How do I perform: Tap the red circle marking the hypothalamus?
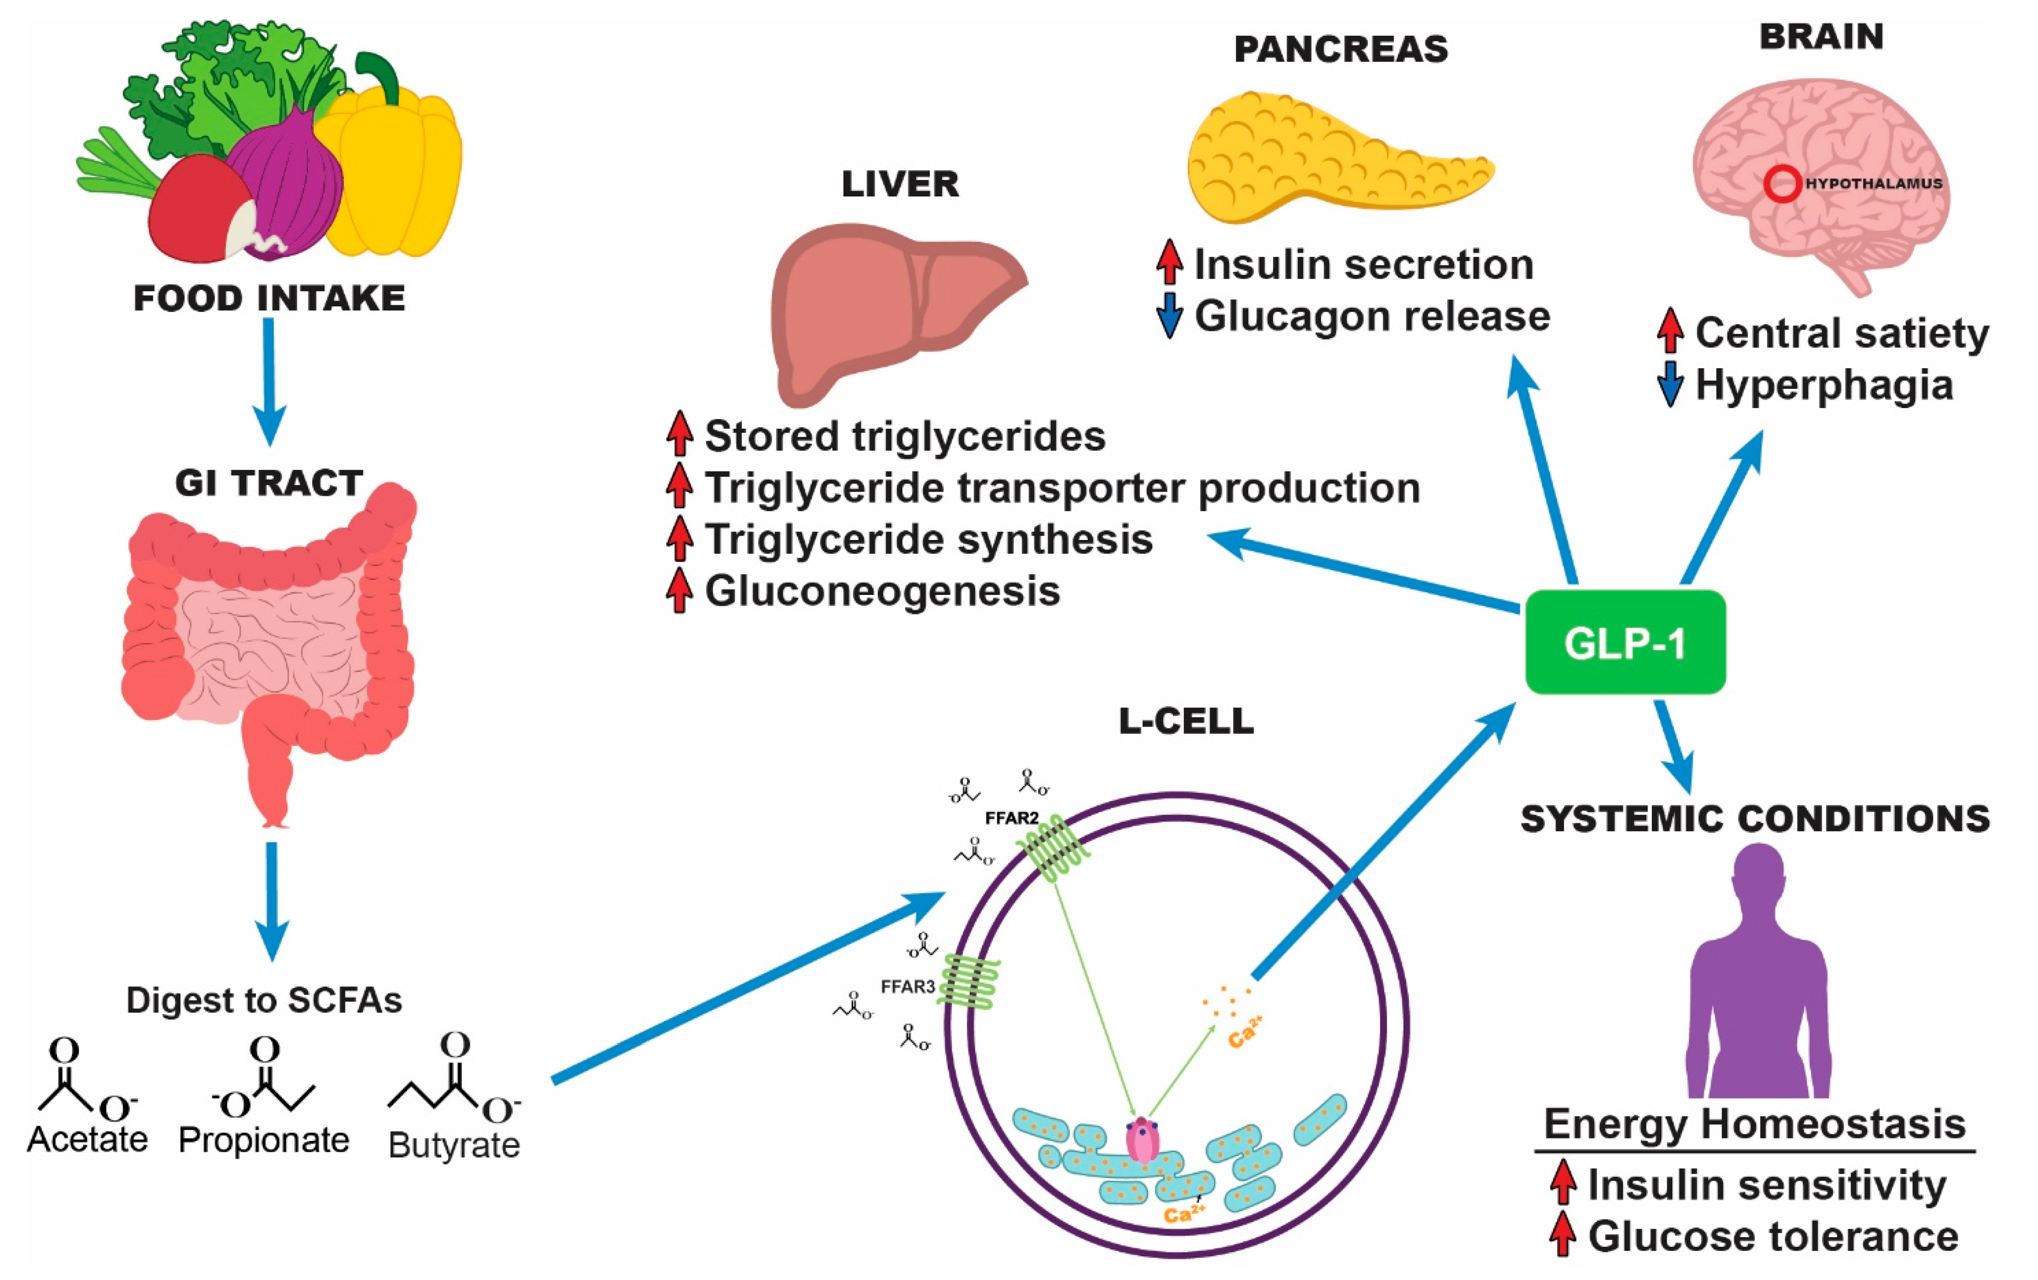click(1782, 184)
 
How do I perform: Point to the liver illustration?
click(889, 309)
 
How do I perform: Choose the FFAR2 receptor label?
click(1011, 818)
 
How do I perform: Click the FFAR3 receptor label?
click(907, 986)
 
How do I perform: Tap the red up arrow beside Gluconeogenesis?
click(679, 590)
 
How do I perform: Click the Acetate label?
click(87, 1139)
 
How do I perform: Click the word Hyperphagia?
click(1824, 386)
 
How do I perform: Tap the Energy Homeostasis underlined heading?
click(1754, 1124)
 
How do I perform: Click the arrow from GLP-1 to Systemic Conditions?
click(1673, 745)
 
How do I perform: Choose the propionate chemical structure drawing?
click(264, 1080)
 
